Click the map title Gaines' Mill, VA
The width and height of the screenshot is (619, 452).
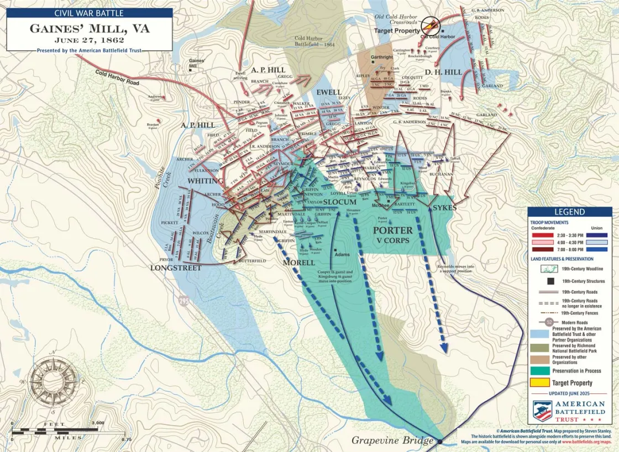90,29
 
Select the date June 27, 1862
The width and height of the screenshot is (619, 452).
89,40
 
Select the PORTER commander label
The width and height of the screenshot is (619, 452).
392,230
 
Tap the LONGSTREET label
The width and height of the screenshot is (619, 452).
176,268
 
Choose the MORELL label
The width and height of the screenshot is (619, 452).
298,262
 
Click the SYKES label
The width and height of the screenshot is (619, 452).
445,208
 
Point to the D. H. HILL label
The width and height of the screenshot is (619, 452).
443,72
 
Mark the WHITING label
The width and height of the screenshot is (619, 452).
205,181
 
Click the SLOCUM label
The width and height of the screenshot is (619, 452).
339,203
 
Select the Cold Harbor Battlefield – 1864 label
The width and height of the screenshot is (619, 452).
314,41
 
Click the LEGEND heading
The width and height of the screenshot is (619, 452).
569,212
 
